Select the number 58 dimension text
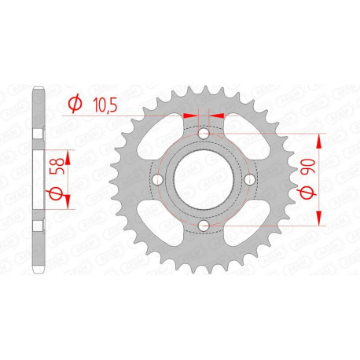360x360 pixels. point(53,169)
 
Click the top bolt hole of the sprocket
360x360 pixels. point(204,135)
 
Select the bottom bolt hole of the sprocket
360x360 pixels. point(204,226)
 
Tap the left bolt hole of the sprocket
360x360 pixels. point(158,181)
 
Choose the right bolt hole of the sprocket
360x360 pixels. point(249,181)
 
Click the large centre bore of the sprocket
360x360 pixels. point(204,181)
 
